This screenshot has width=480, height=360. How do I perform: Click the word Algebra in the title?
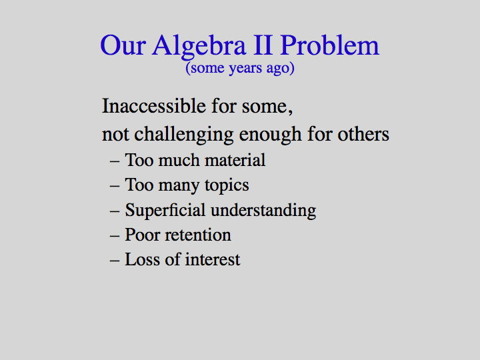tap(199, 46)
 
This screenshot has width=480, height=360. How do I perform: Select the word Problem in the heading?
tap(330, 45)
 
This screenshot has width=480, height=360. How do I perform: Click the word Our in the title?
tap(123, 45)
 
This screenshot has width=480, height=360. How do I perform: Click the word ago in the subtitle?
tap(278, 69)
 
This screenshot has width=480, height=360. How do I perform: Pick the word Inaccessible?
tap(154, 106)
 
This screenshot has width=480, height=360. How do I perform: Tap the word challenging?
tap(184, 135)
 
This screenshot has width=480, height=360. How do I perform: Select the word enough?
tap(270, 135)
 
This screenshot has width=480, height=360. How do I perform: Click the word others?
tap(363, 134)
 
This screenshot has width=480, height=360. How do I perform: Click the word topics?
tap(227, 186)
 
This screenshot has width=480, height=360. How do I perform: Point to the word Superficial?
tap(165, 211)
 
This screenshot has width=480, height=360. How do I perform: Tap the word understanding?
tap(263, 211)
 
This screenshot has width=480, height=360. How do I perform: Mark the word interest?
tap(213, 259)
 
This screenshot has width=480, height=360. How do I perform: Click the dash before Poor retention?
tap(115, 236)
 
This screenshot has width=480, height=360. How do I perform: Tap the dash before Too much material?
tap(115, 161)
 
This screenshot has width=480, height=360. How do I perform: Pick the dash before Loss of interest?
tap(115, 261)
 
